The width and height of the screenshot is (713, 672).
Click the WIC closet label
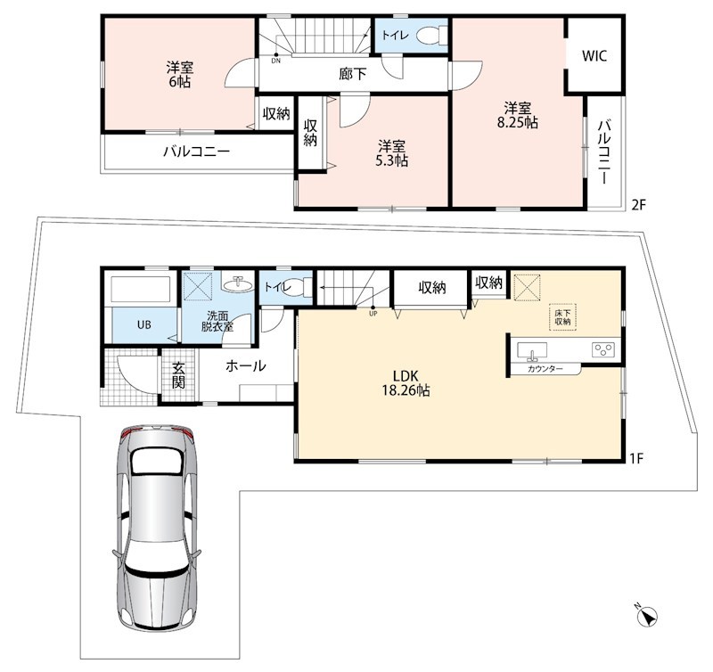click(x=594, y=56)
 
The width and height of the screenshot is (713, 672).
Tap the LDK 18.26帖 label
click(x=406, y=383)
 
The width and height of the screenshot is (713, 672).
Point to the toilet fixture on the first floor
click(x=300, y=287)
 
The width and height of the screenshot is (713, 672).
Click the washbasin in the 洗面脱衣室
click(x=238, y=283)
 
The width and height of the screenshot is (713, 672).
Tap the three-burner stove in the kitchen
click(x=603, y=349)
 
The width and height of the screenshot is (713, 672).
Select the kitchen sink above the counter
click(x=532, y=351)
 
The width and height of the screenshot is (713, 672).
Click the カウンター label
click(x=545, y=369)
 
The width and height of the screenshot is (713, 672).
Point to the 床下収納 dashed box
click(x=562, y=317)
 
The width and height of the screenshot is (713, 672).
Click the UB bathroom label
click(x=144, y=325)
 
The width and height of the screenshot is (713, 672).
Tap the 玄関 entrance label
click(x=178, y=375)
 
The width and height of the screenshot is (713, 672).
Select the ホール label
click(x=246, y=365)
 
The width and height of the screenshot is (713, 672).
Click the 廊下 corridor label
click(x=352, y=74)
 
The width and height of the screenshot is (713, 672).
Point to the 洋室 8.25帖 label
click(x=518, y=116)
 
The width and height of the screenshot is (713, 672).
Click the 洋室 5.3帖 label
click(x=391, y=153)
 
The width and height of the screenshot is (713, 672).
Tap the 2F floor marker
click(x=638, y=205)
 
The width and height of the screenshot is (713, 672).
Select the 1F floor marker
click(x=636, y=458)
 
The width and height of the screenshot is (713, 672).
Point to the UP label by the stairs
click(x=373, y=314)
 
